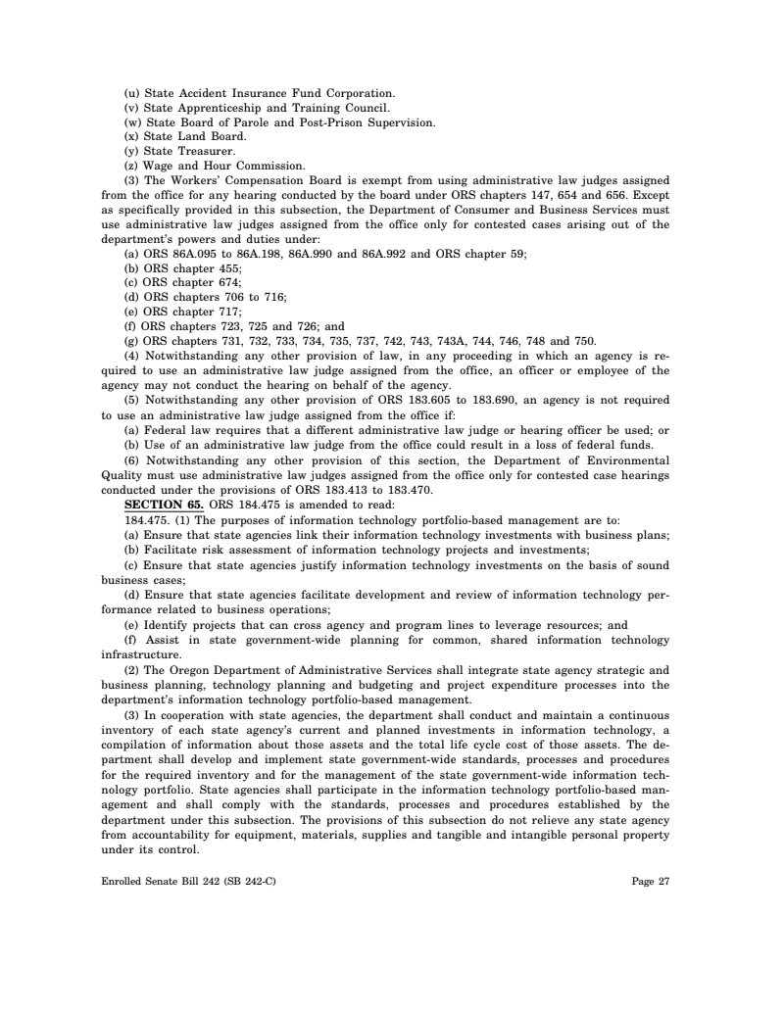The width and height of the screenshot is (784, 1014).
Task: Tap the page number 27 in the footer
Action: [x=663, y=881]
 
